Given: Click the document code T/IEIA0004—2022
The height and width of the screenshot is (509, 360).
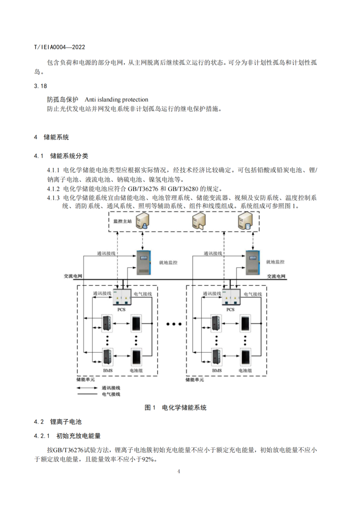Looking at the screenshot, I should (59, 47).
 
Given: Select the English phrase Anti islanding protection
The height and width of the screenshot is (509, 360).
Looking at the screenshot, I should (116, 99).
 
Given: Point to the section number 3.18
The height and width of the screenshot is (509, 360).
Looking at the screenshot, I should (40, 86).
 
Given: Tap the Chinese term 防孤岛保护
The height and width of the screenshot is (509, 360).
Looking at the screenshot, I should (62, 99).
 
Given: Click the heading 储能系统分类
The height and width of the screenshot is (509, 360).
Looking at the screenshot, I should (69, 156).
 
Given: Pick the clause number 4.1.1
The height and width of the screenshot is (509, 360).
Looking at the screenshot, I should (53, 170).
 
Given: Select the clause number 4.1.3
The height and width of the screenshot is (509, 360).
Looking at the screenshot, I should (53, 198).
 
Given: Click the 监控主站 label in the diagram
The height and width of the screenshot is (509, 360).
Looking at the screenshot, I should (122, 221).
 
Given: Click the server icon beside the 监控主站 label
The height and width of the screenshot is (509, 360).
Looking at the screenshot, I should (142, 221).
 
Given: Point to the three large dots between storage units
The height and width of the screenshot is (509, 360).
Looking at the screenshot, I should (174, 324).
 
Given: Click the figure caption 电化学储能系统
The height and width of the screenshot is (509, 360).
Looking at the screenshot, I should (184, 407).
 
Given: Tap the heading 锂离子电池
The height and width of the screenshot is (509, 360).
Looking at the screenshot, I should (66, 422).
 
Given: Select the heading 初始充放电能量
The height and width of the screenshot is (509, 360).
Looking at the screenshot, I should (78, 436).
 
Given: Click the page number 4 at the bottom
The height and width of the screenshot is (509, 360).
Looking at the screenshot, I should (179, 471).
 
